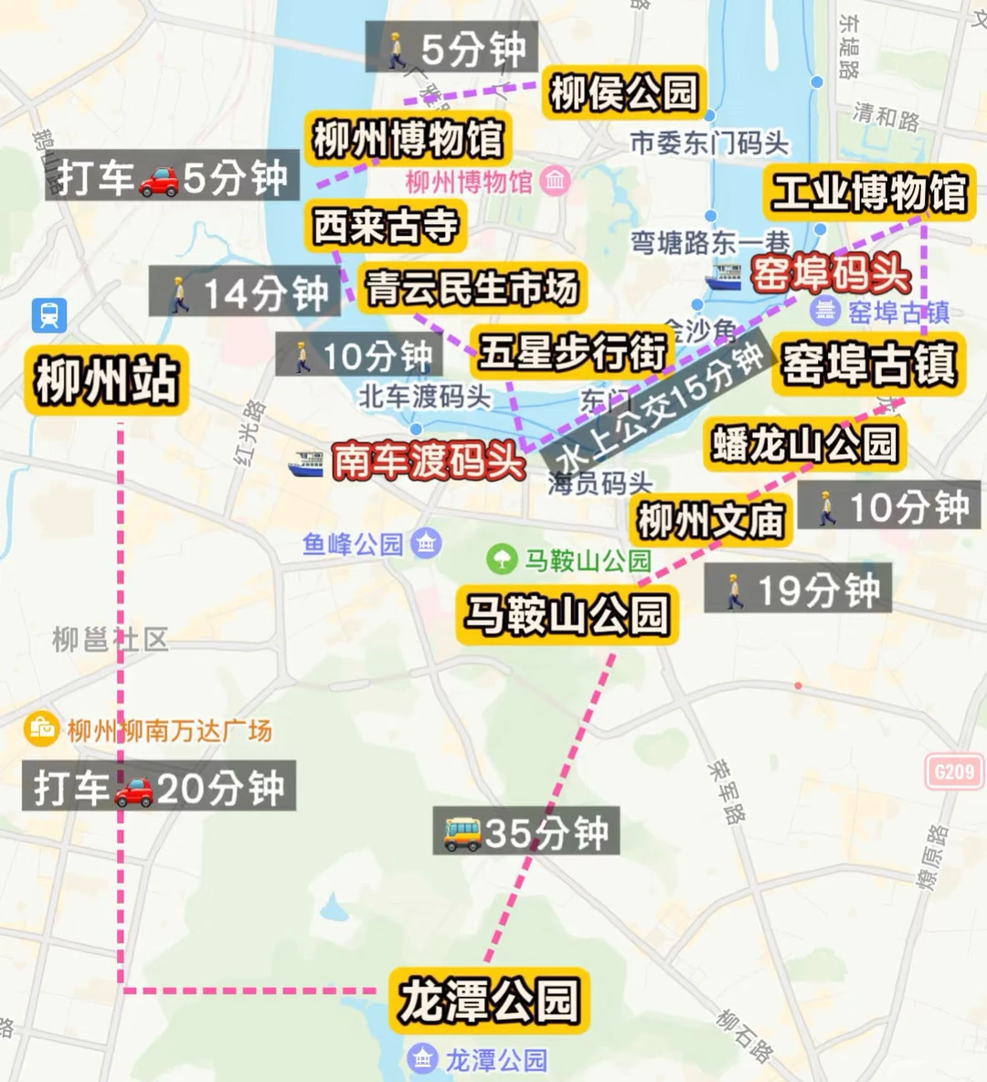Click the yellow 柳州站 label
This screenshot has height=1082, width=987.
(x=106, y=381)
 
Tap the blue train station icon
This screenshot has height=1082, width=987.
(x=48, y=315)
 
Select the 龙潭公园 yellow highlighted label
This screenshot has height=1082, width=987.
(x=489, y=1001)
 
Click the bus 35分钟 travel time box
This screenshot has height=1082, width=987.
(x=526, y=832)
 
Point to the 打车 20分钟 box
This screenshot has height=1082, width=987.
(x=160, y=787)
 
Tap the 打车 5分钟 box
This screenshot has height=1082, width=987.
(x=173, y=177)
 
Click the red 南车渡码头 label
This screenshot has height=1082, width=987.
(x=427, y=461)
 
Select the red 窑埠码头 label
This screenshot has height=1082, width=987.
(x=829, y=273)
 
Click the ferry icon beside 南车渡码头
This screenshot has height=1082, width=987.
(x=306, y=464)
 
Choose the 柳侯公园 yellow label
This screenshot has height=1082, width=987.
(x=624, y=93)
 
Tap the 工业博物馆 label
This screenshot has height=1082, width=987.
(x=868, y=193)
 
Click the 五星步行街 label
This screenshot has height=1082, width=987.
(x=572, y=352)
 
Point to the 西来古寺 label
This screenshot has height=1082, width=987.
(x=385, y=226)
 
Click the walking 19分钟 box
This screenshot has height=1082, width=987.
(x=798, y=589)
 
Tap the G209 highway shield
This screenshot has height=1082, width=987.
(x=954, y=772)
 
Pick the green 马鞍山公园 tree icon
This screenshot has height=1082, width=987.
(x=501, y=558)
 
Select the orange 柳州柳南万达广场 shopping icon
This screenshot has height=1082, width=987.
(x=41, y=729)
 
